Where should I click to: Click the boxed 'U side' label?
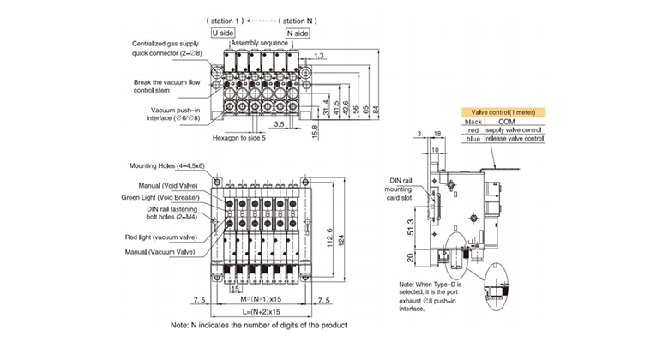pyautogui.click(x=223, y=33)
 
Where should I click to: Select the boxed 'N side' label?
pyautogui.click(x=298, y=33)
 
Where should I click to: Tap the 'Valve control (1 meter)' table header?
pyautogui.click(x=503, y=112)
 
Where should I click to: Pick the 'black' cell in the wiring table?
pyautogui.click(x=473, y=122)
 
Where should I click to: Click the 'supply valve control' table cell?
pyautogui.click(x=514, y=130)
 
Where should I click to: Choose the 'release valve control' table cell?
pyautogui.click(x=515, y=139)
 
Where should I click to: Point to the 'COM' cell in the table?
pyautogui.click(x=506, y=122)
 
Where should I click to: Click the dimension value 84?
pyautogui.click(x=376, y=110)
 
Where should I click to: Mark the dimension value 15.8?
pyautogui.click(x=316, y=131)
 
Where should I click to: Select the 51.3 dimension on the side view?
pyautogui.click(x=411, y=227)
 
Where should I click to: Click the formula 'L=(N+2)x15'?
pyautogui.click(x=262, y=312)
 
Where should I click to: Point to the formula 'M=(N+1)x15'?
pyautogui.click(x=261, y=299)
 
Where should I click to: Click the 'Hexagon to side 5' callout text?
pyautogui.click(x=239, y=138)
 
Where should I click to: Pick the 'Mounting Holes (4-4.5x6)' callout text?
pyautogui.click(x=167, y=166)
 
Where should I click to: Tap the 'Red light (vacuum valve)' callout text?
pyautogui.click(x=161, y=237)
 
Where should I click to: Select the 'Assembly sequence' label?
pyautogui.click(x=259, y=43)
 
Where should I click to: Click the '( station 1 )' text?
pyautogui.click(x=225, y=21)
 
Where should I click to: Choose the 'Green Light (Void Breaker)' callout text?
pyautogui.click(x=160, y=197)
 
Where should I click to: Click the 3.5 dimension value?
pyautogui.click(x=279, y=124)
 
